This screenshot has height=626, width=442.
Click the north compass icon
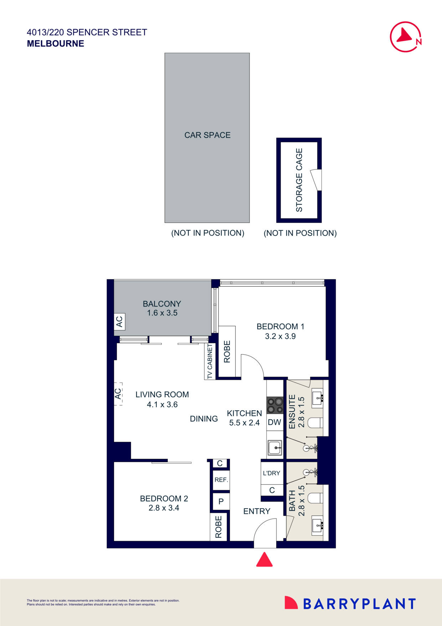pyautogui.click(x=406, y=37)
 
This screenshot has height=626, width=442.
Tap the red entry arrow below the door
pyautogui.click(x=264, y=560)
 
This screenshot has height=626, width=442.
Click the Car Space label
pyautogui.click(x=207, y=135)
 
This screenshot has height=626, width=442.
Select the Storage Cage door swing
pyautogui.click(x=317, y=180)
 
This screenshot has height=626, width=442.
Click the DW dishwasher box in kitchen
pyautogui.click(x=274, y=423)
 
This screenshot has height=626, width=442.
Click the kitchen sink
pyautogui.click(x=275, y=448)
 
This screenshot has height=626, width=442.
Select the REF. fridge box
pyautogui.click(x=221, y=480)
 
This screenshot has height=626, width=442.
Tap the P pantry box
pyautogui.click(x=221, y=501)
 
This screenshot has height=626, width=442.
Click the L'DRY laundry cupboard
pyautogui.click(x=272, y=473)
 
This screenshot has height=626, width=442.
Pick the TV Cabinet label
pyautogui.click(x=210, y=361)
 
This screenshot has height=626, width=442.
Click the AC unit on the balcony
pyautogui.click(x=119, y=321)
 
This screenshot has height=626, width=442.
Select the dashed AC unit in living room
pyautogui.click(x=118, y=394)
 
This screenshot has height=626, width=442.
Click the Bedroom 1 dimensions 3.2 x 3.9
pyautogui.click(x=280, y=336)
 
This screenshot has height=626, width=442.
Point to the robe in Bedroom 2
pyautogui.click(x=219, y=527)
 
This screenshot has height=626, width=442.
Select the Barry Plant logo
pyautogui.click(x=350, y=604)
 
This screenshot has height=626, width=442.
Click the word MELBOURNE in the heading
pyautogui.click(x=56, y=44)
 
